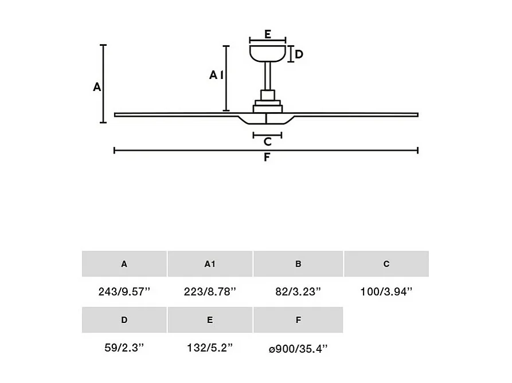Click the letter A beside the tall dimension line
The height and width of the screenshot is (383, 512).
(97, 87)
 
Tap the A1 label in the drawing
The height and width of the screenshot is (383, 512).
(216, 75)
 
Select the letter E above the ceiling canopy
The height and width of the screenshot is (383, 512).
(268, 34)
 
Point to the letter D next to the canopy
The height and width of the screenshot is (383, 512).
(299, 55)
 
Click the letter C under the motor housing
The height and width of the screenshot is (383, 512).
(267, 142)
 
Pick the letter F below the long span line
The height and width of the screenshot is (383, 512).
(267, 157)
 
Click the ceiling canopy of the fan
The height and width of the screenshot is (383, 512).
(268, 53)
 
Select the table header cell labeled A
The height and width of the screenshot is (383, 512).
(124, 264)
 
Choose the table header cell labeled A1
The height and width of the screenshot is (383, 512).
(210, 264)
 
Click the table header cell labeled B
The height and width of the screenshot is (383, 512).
(298, 264)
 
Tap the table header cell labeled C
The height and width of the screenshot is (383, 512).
(386, 264)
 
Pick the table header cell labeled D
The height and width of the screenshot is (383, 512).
(124, 320)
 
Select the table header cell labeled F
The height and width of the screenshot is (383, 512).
(298, 320)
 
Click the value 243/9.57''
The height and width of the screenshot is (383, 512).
(124, 291)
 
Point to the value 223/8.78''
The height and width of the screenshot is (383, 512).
(210, 291)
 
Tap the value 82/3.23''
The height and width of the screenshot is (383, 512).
(298, 291)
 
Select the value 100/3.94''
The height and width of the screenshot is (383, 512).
(386, 291)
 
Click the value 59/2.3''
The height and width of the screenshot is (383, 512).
(124, 348)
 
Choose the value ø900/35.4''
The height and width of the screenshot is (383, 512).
(298, 348)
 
